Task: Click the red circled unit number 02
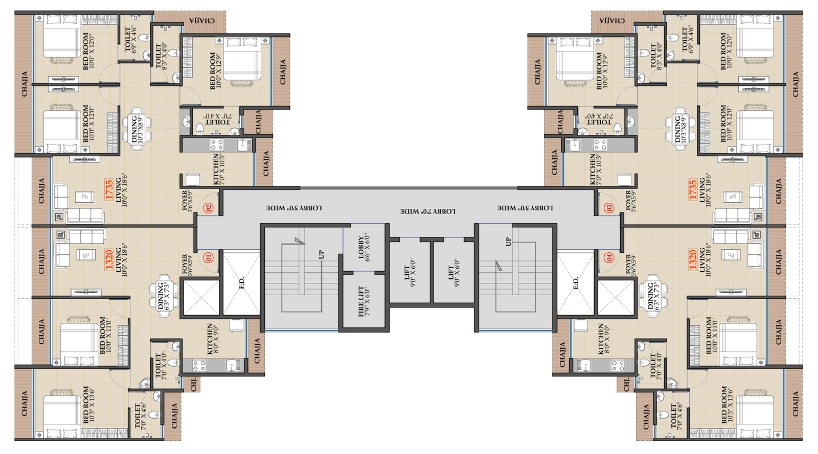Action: (x=208, y=208)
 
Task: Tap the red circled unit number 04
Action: (x=609, y=258)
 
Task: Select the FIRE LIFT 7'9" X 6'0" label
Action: (x=363, y=301)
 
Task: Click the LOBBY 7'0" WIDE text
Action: (x=427, y=211)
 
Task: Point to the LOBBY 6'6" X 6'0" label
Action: (x=363, y=248)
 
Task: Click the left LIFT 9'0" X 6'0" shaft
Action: (x=410, y=273)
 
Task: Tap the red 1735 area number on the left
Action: (x=108, y=189)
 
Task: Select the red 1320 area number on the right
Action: (x=692, y=259)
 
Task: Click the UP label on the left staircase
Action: (x=321, y=254)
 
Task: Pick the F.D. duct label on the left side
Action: (x=242, y=282)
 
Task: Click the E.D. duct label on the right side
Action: (x=576, y=282)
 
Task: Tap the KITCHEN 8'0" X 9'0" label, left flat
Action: (x=213, y=338)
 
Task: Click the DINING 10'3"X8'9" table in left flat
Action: (x=137, y=129)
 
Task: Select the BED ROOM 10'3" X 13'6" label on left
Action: (x=88, y=404)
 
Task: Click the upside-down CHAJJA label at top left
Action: (x=202, y=20)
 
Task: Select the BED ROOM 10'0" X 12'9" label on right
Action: (x=602, y=70)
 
